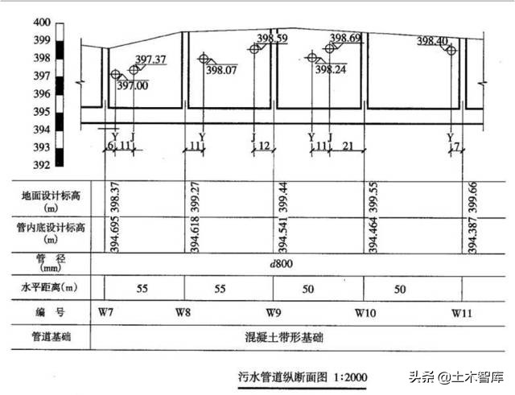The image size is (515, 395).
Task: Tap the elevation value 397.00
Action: point(133,86)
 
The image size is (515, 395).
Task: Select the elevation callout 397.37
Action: point(150,60)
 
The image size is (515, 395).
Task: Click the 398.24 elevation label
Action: point(331,70)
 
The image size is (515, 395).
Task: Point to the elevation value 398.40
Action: point(433,41)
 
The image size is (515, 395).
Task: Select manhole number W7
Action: point(105,311)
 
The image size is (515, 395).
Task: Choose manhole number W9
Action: point(274,311)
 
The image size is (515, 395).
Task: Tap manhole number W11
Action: point(461,311)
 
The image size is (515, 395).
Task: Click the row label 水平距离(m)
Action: point(48,286)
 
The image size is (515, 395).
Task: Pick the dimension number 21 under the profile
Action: point(348,146)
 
